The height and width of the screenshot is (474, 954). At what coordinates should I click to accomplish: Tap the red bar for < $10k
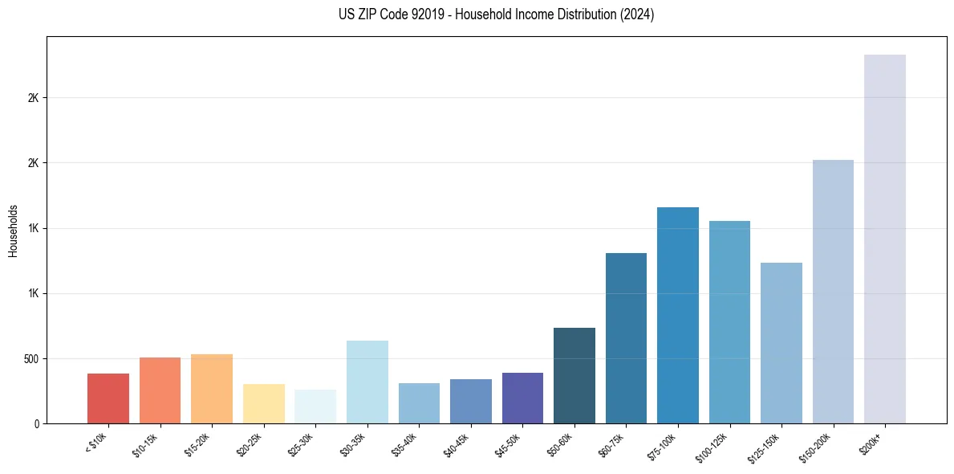(x=108, y=398)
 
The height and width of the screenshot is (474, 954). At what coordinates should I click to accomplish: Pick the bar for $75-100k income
(x=677, y=315)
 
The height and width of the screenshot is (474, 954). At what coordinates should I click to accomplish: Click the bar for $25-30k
(x=315, y=407)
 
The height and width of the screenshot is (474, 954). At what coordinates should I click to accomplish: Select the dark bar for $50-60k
(x=574, y=375)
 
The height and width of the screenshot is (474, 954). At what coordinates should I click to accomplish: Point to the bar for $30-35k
(x=367, y=382)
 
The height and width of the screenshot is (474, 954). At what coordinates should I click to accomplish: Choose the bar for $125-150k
(x=781, y=343)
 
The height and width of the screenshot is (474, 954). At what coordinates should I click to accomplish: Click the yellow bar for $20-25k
(x=263, y=403)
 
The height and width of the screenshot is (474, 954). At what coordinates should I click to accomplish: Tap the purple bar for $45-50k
(x=522, y=398)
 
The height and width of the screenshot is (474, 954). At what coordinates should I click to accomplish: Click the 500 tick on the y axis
(x=33, y=358)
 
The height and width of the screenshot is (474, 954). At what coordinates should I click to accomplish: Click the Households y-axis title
(x=13, y=231)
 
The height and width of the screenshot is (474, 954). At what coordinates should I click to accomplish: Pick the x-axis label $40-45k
(x=457, y=443)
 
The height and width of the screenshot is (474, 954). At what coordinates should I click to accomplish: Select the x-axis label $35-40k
(x=406, y=443)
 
